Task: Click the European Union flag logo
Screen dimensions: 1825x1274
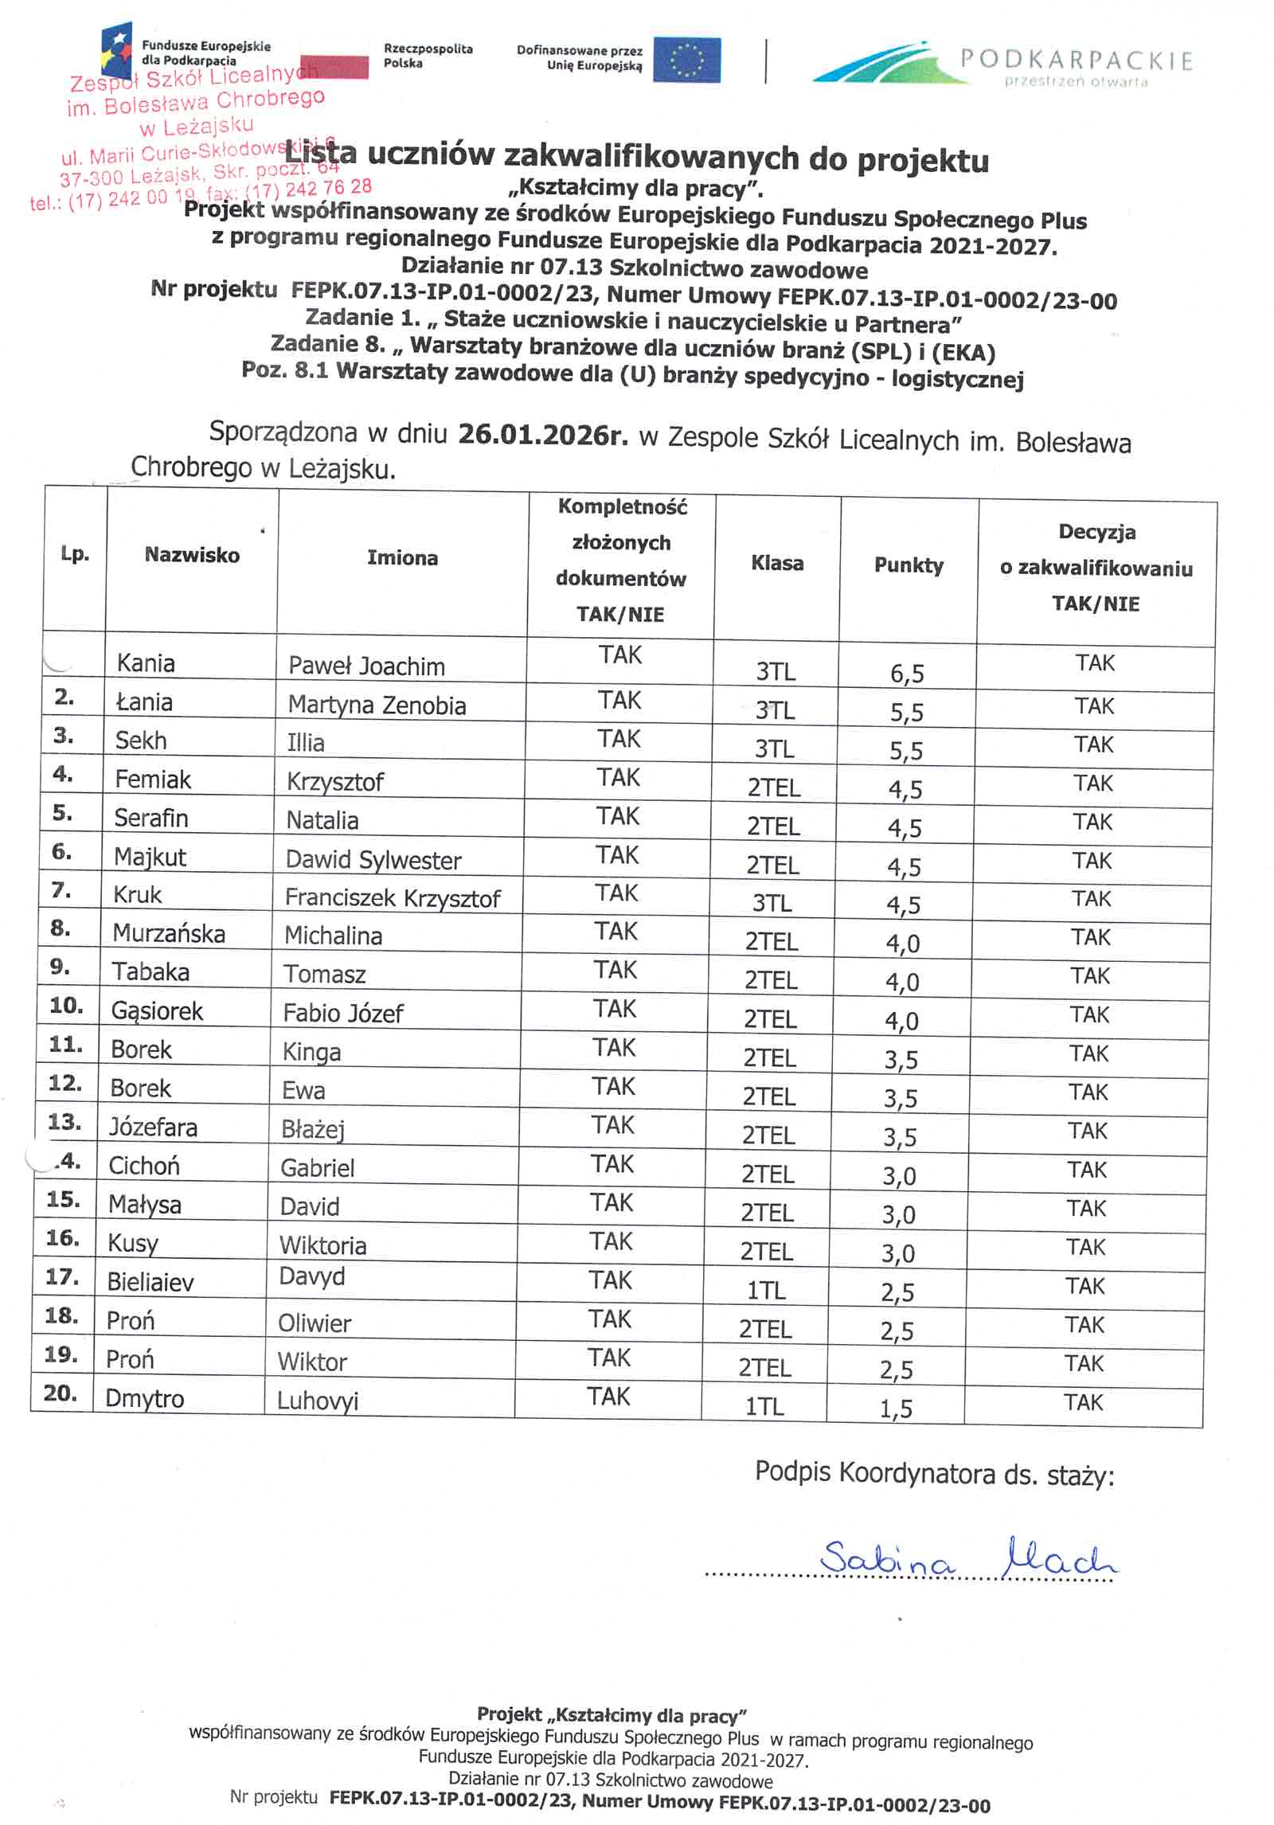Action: click(x=686, y=61)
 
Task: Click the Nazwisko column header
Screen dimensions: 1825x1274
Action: click(x=192, y=555)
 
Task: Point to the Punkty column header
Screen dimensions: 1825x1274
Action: click(x=909, y=565)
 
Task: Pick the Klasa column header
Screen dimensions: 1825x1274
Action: click(x=777, y=564)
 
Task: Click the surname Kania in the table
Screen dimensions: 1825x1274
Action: click(x=146, y=663)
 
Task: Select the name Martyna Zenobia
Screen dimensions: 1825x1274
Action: click(x=377, y=705)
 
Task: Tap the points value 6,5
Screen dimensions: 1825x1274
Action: click(x=907, y=674)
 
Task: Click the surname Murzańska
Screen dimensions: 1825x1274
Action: click(x=169, y=933)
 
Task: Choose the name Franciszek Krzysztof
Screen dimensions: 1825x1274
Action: click(x=393, y=898)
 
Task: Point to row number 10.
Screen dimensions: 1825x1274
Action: click(x=66, y=1006)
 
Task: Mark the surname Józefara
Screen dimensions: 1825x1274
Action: click(x=153, y=1127)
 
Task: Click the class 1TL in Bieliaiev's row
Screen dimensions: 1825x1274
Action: click(x=766, y=1290)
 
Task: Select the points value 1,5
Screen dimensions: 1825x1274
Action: click(x=896, y=1409)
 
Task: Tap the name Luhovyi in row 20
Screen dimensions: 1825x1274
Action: click(x=318, y=1401)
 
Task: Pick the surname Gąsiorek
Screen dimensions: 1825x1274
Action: click(x=157, y=1011)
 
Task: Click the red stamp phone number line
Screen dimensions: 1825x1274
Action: click(x=199, y=193)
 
